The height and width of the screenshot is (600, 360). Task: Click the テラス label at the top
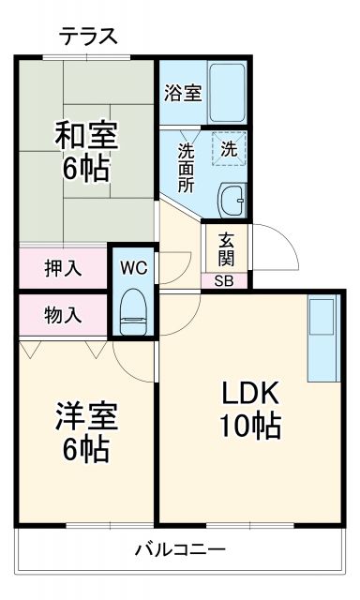tap(89, 37)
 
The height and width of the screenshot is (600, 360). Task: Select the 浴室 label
tap(182, 93)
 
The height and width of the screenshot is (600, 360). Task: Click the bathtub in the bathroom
tap(225, 92)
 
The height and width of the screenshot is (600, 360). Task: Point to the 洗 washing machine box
tap(229, 147)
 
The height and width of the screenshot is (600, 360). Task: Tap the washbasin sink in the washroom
tap(232, 199)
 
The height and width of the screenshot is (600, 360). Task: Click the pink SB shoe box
tap(225, 280)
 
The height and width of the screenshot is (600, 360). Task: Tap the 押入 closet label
tap(63, 268)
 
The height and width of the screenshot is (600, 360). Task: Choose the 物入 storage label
tap(63, 316)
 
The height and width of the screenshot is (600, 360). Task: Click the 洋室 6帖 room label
tap(85, 429)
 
